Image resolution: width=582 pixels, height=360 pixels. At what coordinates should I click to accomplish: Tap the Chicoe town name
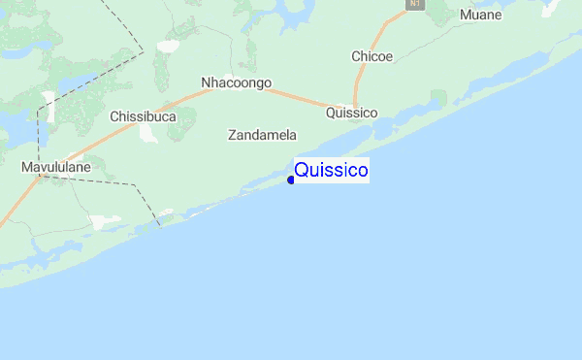[x=372, y=56]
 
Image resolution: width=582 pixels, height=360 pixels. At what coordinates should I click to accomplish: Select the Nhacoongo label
[x=236, y=82]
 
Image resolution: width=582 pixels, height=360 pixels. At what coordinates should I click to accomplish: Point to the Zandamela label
[x=262, y=135]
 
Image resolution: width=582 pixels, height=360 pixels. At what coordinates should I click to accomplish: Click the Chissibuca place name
[x=144, y=116]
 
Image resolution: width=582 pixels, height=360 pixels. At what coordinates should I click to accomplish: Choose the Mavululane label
[x=56, y=168]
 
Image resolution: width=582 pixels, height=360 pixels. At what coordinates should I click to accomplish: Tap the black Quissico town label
[x=352, y=113]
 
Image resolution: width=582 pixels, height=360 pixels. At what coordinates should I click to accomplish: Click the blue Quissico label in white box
[x=331, y=171]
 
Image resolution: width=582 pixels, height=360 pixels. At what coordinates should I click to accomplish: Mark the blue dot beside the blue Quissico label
[x=290, y=180]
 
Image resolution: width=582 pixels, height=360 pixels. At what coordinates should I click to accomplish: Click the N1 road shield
[x=415, y=5]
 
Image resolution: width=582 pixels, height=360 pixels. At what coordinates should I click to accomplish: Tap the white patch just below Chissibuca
[x=148, y=134]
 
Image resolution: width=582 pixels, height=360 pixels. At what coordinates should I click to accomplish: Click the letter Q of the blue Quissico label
[x=301, y=171]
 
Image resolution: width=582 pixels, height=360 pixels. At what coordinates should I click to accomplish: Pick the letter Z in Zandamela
[x=232, y=135]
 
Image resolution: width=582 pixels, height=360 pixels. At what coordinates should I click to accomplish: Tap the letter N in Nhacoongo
[x=206, y=82]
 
